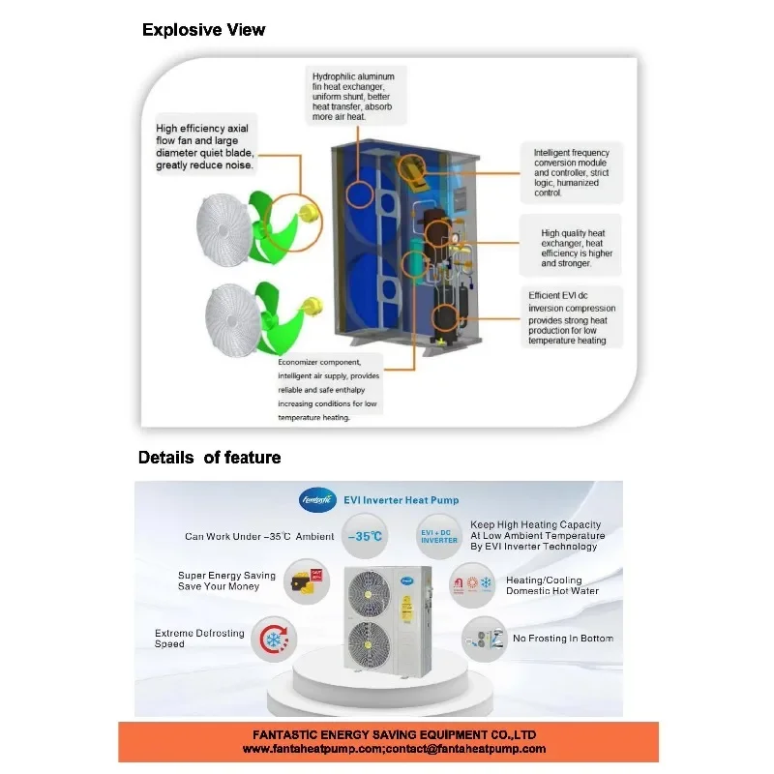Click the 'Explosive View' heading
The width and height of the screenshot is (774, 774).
[x=203, y=30]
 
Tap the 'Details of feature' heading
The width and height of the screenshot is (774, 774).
[x=209, y=458]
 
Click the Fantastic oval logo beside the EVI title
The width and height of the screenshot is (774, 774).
[x=317, y=500]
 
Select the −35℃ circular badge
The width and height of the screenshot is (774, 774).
[x=365, y=536]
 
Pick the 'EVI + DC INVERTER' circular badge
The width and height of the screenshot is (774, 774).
[x=439, y=537]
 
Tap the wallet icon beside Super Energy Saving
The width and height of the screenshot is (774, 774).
[x=307, y=581]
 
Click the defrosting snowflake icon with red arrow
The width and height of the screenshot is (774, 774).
[x=274, y=639]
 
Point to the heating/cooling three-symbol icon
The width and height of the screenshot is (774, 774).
[x=472, y=585]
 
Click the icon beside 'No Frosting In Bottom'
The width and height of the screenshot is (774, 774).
[x=485, y=639]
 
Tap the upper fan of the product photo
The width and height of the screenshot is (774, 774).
[x=369, y=594]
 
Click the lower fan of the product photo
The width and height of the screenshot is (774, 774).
[x=369, y=644]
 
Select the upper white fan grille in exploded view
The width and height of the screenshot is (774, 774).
[x=224, y=230]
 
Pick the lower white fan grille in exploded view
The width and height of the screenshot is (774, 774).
[x=232, y=320]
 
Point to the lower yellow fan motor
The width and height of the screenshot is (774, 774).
[x=312, y=305]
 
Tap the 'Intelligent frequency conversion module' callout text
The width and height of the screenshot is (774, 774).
[x=571, y=163]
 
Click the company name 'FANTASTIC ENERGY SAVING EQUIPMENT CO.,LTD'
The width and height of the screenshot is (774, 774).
[x=395, y=734]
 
